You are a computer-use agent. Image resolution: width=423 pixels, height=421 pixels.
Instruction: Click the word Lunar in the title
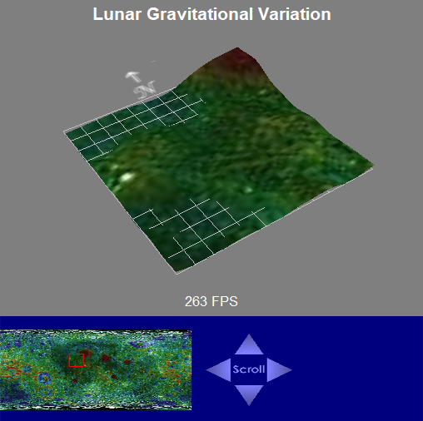pos(117,14)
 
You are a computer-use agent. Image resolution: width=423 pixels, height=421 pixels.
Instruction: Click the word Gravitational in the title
pos(200,14)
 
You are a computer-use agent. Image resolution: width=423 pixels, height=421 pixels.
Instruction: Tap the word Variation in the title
pos(295,14)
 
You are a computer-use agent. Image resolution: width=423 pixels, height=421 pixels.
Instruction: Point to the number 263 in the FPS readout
pos(196,301)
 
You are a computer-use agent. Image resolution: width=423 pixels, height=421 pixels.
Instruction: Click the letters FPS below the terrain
pos(225,301)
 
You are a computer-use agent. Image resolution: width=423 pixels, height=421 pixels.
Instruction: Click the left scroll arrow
pos(218,370)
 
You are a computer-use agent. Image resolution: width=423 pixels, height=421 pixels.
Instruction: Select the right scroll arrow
pos(280,370)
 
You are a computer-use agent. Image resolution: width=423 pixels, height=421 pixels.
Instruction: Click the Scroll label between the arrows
pos(249,369)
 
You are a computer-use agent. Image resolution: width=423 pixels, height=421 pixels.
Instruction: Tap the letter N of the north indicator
pos(144,90)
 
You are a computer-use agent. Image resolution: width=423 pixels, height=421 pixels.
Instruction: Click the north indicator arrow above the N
pos(133,77)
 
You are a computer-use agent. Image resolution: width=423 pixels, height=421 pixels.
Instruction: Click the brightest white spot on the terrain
pos(127,177)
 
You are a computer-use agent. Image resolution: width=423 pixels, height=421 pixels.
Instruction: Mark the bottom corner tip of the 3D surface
pos(177,274)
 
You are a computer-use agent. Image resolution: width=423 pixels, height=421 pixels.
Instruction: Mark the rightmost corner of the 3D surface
pos(373,166)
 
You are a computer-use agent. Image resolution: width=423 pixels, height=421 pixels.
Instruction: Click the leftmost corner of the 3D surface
pos(65,132)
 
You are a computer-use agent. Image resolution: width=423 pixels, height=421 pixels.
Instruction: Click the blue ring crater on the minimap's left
pos(44,379)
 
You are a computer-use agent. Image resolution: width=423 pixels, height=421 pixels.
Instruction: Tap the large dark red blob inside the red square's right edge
pos(86,354)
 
